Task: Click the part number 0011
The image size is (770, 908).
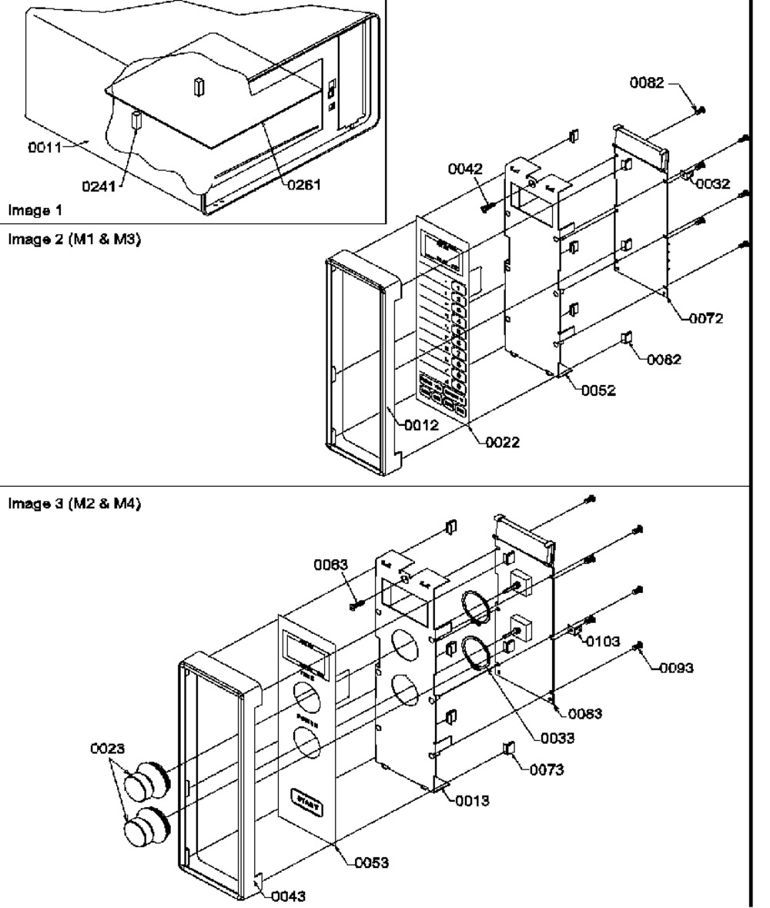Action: (45, 147)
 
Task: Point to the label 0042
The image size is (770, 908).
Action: (466, 169)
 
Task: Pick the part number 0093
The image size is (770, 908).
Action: (677, 668)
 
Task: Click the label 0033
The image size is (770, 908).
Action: (557, 739)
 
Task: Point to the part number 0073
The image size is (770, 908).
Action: (547, 769)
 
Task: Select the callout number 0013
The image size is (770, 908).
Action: (472, 801)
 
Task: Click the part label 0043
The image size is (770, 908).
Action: (289, 896)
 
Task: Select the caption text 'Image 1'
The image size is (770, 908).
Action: (34, 209)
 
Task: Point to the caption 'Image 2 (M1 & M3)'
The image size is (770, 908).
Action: (74, 239)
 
